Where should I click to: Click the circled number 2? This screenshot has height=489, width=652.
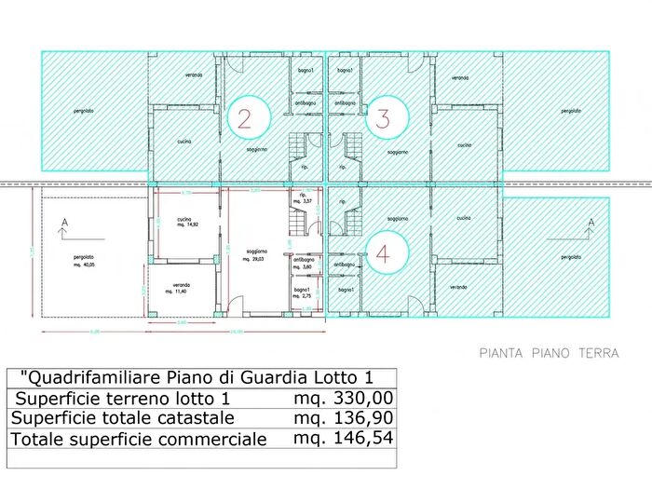pos(245,118)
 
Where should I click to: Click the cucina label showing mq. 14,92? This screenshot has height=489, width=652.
pos(183,222)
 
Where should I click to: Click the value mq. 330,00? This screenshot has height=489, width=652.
pos(336,399)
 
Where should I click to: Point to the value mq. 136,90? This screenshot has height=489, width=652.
pos(336,418)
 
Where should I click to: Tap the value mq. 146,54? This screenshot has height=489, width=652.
pos(336,439)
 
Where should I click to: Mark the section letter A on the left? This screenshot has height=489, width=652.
pos(62,222)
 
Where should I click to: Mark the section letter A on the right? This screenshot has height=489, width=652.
pos(591,222)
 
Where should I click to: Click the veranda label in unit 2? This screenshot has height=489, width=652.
pos(194,75)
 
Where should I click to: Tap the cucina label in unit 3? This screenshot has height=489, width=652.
pos(464,145)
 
